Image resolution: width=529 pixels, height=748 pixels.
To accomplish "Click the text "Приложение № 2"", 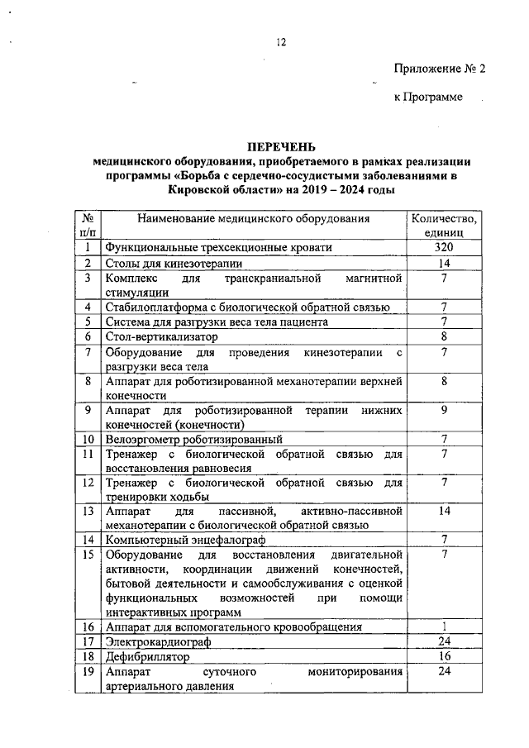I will click(439, 69).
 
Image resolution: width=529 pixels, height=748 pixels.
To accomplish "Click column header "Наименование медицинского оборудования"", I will click(254, 219).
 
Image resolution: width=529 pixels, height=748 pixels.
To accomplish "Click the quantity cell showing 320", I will click(444, 248).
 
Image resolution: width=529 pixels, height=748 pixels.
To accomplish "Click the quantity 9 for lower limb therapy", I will click(444, 409).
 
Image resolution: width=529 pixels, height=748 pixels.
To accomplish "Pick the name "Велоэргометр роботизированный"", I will click(194, 439).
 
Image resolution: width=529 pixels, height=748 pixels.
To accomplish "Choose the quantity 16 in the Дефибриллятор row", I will click(444, 657).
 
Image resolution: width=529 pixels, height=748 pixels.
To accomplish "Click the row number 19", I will click(87, 671).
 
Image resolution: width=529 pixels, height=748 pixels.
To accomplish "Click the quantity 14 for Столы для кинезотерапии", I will click(444, 263).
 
